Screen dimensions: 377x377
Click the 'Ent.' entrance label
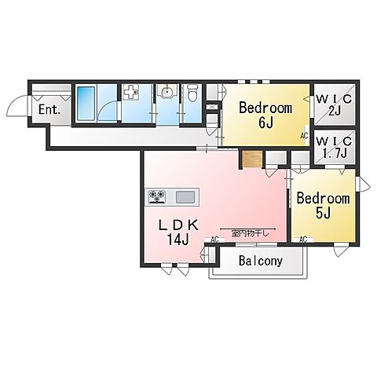pos(49,110)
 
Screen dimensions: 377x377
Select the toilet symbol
pos(193,93)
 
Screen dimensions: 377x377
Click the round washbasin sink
pos(167,92)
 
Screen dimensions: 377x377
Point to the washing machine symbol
pos(131,92)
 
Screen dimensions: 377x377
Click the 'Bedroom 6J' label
pos(265,115)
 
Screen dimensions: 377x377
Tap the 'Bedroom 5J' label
pos(323,206)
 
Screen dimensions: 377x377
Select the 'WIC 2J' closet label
pos(334,105)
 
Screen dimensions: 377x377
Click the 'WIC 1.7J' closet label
pos(334,148)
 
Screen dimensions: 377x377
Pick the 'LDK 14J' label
pos(178,232)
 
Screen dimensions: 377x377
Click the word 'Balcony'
pos(261,261)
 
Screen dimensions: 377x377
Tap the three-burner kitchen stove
pos(157,196)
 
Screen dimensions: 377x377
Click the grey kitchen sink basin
pos(185,196)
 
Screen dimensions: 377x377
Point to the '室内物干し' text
pos(250,234)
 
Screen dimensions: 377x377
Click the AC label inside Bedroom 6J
pos(304,136)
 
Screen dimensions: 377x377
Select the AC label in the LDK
pos(214,239)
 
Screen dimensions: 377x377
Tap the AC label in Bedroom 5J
pos(303,239)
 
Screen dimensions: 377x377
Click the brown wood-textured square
pos(252,159)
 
